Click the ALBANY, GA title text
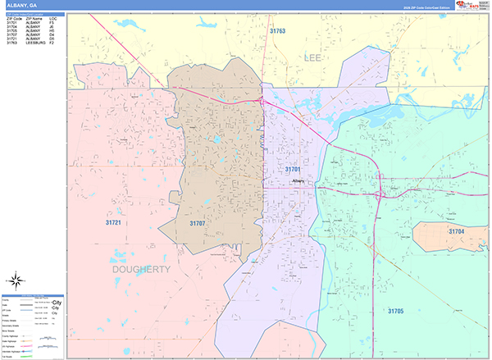pos(21,5)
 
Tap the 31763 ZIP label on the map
pos(278,31)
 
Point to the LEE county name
pos(312,58)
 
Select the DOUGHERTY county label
pos(140,269)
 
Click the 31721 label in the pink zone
pos(113,222)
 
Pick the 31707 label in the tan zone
pos(198,222)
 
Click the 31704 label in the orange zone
pos(456,232)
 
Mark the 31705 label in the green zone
pos(395,312)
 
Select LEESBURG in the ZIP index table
pos(36,43)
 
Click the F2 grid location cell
pos(52,43)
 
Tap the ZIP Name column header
pos(34,17)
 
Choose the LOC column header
pos(52,17)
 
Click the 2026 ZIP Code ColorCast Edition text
pos(426,7)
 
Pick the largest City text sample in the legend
pos(56,303)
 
